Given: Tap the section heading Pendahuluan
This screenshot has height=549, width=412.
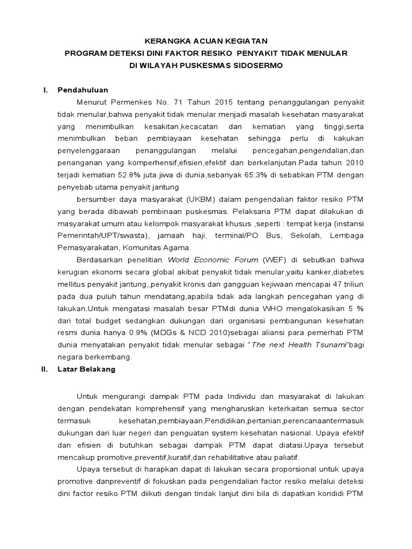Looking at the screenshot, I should coord(83,90).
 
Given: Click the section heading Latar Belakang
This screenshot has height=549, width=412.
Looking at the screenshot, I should coord(86,369).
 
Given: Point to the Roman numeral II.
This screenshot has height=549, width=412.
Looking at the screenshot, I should coord(45,369).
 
